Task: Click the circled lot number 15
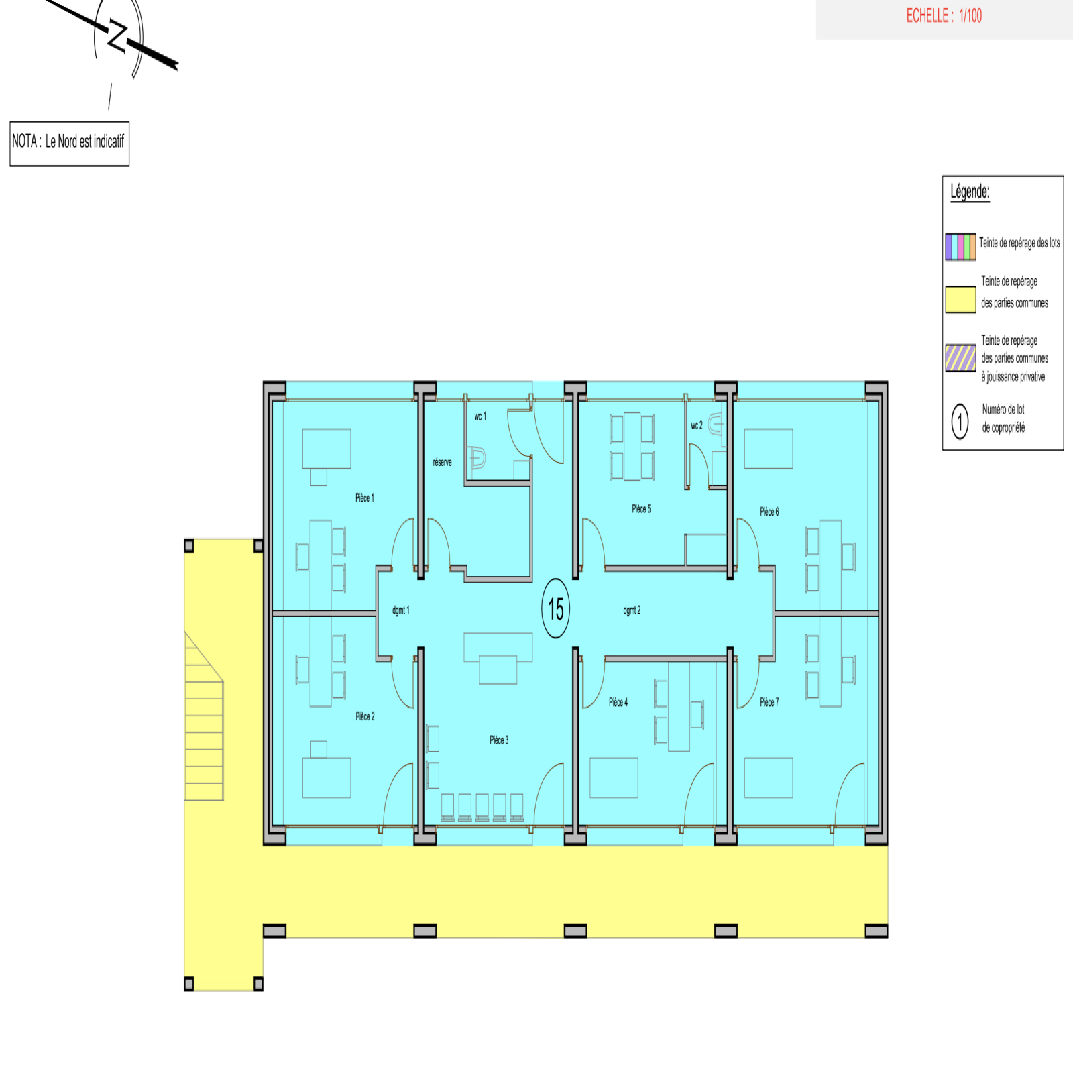[555, 608]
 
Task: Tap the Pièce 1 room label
[365, 498]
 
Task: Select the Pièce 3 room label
[499, 740]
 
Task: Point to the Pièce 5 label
[641, 508]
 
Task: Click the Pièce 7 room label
[769, 702]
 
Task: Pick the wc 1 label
[480, 416]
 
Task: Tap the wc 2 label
[697, 425]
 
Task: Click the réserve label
[442, 462]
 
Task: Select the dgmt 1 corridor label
[400, 610]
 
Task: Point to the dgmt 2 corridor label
[632, 610]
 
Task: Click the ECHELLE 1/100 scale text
[944, 16]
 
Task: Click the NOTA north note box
[69, 144]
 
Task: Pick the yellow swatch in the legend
[960, 300]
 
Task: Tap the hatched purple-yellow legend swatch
[960, 357]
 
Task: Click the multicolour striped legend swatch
[960, 247]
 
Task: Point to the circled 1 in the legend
[960, 422]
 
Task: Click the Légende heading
[970, 192]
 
